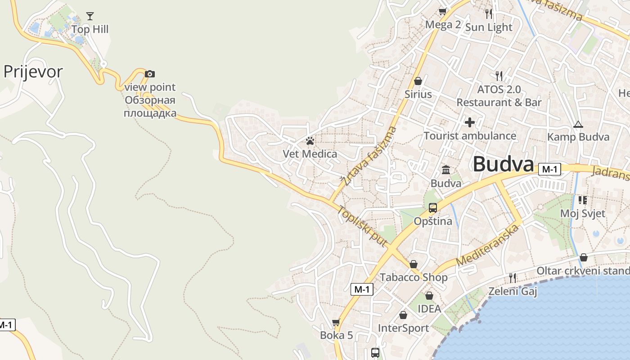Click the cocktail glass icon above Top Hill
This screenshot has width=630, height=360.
[90, 16]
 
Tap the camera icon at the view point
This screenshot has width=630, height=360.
[150, 74]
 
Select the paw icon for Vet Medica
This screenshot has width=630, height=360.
[310, 141]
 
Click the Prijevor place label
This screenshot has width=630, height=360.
[33, 72]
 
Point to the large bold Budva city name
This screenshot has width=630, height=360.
[503, 164]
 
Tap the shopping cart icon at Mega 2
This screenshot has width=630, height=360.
[443, 11]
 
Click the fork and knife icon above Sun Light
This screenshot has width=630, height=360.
[489, 13]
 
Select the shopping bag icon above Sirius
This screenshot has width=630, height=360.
[418, 81]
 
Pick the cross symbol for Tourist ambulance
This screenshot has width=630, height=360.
[470, 122]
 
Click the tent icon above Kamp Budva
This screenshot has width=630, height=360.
[578, 124]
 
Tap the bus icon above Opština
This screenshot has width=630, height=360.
[432, 208]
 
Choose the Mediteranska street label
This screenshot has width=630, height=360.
[487, 245]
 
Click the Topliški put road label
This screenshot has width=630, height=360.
[363, 226]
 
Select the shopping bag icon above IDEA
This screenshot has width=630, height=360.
[429, 296]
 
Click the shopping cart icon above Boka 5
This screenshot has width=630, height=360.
[336, 322]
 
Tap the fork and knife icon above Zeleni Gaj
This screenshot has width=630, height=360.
[512, 278]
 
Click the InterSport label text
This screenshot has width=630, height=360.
[403, 328]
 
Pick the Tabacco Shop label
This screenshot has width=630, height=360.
[414, 277]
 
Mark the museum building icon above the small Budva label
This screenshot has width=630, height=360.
[446, 170]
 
